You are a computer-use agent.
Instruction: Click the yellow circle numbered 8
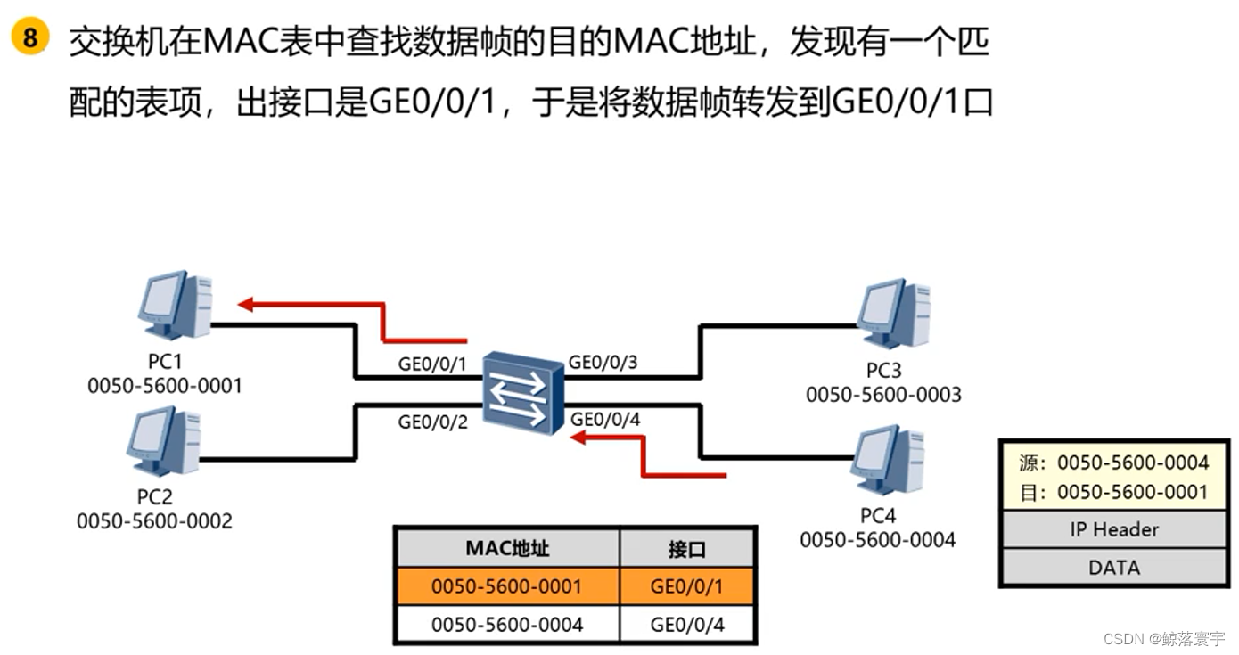30,39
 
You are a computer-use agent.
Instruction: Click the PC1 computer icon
176,305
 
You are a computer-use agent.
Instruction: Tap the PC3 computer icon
893,313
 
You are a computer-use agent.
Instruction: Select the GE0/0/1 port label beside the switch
432,364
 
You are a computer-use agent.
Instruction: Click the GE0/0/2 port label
432,422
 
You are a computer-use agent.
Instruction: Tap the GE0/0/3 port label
603,362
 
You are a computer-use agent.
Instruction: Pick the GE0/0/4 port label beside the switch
605,419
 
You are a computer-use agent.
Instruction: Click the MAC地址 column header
507,548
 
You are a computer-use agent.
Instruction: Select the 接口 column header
686,549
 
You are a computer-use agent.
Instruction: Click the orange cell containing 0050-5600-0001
507,586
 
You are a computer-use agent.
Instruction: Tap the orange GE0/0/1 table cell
687,586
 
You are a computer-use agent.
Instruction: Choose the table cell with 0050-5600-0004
507,625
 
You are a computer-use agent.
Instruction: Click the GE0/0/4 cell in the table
687,625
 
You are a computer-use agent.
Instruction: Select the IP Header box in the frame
1113,529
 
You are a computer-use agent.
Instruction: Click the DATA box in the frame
1113,568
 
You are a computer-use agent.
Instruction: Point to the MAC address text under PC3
883,394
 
